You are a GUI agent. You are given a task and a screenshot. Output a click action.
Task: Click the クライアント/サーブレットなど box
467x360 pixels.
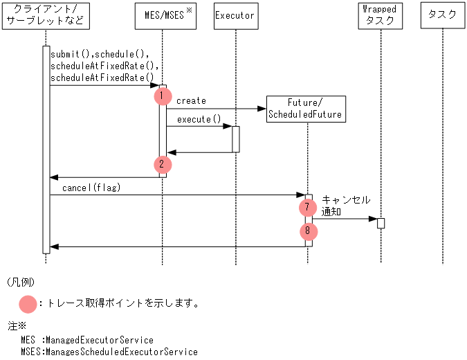[46, 15]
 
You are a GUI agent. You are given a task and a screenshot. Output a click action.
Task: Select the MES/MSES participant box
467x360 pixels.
[164, 15]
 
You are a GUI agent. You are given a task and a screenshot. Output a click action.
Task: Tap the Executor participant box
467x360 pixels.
[235, 15]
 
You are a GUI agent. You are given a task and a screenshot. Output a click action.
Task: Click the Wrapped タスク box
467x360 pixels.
[381, 15]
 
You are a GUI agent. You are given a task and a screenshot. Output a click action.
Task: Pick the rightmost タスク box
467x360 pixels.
[442, 15]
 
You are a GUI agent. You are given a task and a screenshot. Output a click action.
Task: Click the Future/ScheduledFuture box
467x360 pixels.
[305, 109]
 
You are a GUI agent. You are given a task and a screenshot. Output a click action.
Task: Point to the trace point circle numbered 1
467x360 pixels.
[161, 96]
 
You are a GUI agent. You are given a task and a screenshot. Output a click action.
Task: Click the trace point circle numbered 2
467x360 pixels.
[161, 165]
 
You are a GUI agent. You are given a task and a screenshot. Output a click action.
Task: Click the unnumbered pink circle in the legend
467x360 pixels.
[28, 303]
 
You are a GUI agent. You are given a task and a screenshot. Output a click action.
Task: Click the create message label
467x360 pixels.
[191, 101]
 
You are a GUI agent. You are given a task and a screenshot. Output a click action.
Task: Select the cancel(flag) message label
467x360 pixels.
[91, 188]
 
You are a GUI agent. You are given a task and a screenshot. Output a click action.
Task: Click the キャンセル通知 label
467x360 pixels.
[345, 206]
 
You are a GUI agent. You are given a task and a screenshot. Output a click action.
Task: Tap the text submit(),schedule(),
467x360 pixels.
[100, 54]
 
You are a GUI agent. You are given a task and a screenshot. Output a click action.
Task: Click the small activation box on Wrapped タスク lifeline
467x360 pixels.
[381, 223]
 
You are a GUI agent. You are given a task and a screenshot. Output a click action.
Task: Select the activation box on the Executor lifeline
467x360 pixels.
[235, 138]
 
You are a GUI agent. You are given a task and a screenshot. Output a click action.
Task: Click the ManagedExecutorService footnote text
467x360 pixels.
[87, 341]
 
